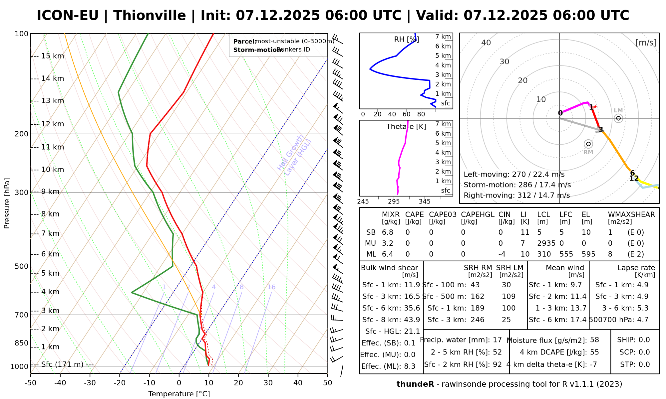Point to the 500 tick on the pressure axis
(21, 266)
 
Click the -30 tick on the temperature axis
(90, 383)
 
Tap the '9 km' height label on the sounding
(50, 192)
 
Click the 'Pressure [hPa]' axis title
(7, 203)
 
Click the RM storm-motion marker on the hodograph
(588, 144)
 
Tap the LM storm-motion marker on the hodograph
(618, 118)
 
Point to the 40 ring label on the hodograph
(486, 43)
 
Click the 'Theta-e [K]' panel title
(406, 127)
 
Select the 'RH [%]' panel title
(406, 40)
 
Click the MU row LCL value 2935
(546, 243)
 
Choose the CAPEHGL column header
(478, 215)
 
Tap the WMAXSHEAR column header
(631, 215)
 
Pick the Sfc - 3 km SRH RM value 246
(477, 320)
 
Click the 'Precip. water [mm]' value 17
(497, 340)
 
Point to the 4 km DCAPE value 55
(594, 352)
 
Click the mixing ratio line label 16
(271, 287)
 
